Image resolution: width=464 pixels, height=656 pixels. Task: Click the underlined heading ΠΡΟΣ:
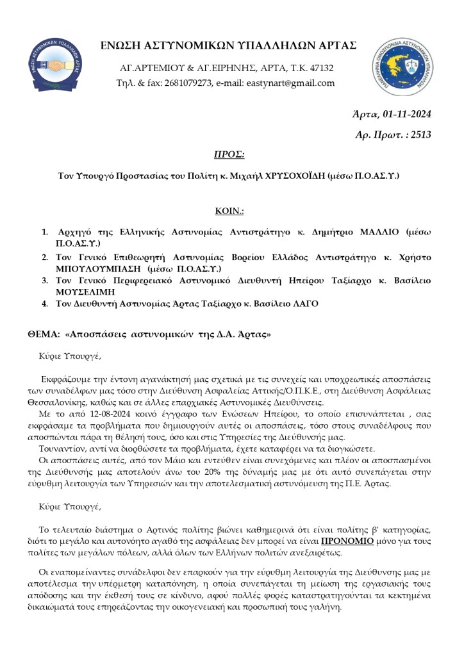[x=229, y=155]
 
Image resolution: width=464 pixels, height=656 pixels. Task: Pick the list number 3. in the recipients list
[x=46, y=281]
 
